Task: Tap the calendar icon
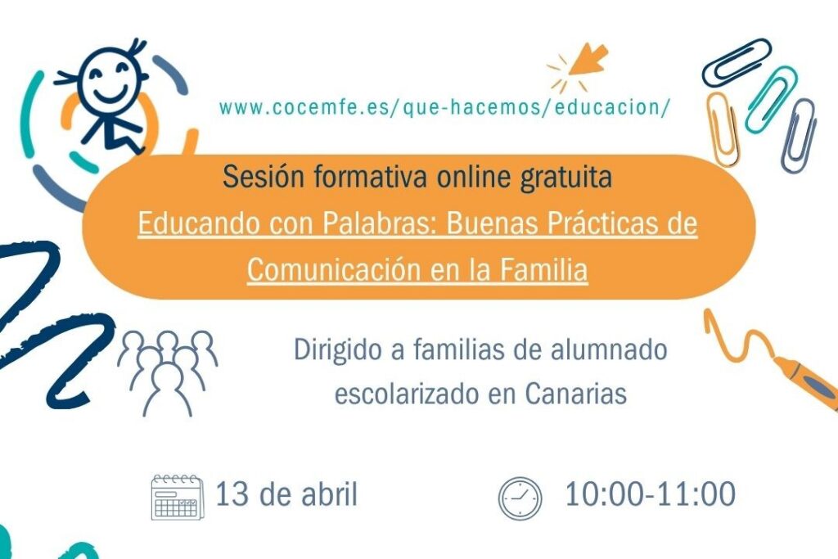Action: (177, 497)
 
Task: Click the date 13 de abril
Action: (286, 494)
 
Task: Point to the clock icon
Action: (520, 498)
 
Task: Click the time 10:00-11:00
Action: (650, 494)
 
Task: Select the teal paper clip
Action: (769, 99)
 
